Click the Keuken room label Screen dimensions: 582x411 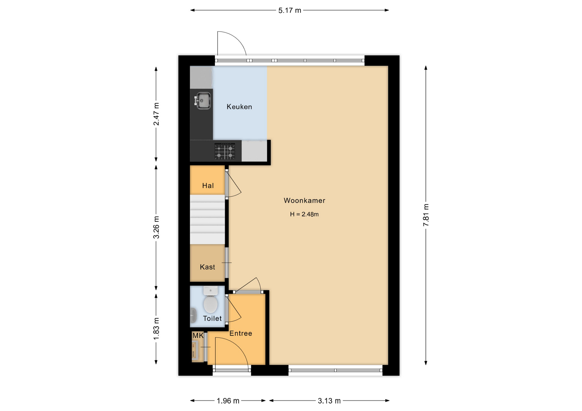click(239, 107)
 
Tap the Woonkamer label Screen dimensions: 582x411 click(304, 200)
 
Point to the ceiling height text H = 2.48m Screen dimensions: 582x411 click(304, 214)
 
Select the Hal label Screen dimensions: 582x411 click(208, 186)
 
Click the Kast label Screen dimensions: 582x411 click(207, 267)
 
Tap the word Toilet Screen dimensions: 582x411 click(212, 318)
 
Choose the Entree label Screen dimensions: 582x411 click(241, 333)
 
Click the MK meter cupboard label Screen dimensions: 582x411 click(198, 335)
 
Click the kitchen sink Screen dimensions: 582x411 click(202, 100)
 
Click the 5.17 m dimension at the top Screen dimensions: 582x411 click(289, 10)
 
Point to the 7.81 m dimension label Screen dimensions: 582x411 click(426, 215)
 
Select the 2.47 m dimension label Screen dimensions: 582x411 click(156, 114)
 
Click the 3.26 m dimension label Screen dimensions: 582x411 click(156, 228)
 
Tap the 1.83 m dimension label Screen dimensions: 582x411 click(156, 329)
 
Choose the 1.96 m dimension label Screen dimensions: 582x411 click(228, 401)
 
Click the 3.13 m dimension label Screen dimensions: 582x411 click(329, 401)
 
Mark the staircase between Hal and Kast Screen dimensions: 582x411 click(207, 219)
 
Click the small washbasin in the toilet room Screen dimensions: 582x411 click(193, 315)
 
